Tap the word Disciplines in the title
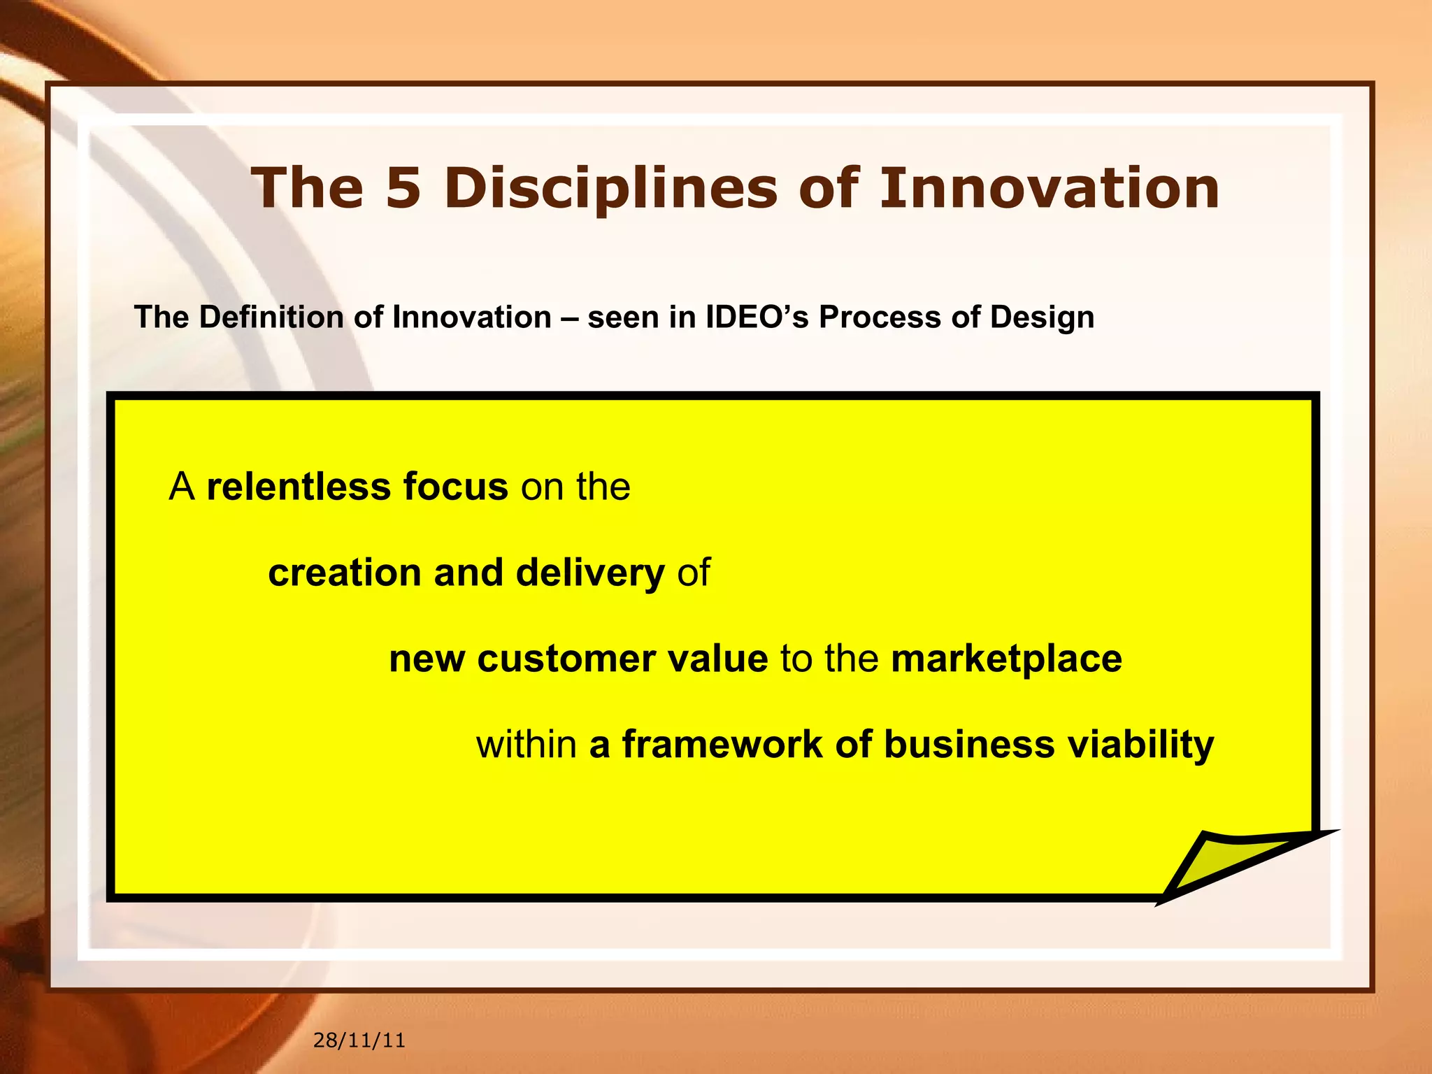(x=610, y=189)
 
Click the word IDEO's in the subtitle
(x=757, y=317)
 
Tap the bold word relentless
(x=299, y=487)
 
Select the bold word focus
(x=455, y=487)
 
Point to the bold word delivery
(x=590, y=574)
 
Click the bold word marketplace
(x=1006, y=660)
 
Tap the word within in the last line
(x=527, y=744)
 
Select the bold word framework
(x=722, y=744)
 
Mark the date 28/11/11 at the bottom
(x=359, y=1040)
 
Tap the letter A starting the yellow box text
(x=182, y=487)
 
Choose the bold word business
(x=969, y=744)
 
